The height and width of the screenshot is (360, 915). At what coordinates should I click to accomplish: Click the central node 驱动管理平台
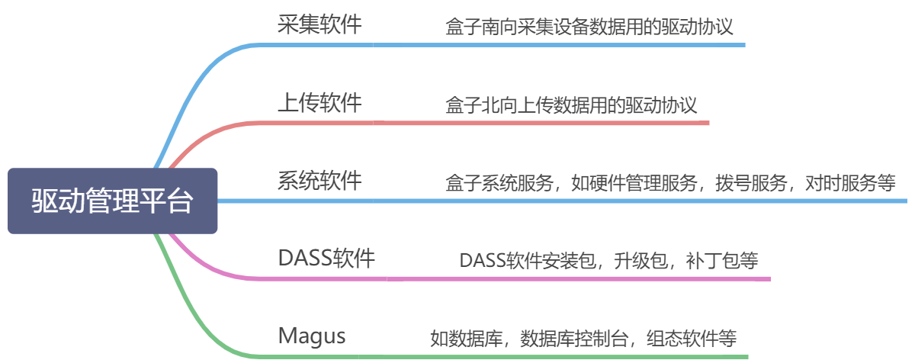pos(112,201)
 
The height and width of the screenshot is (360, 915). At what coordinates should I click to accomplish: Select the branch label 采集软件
pos(319,24)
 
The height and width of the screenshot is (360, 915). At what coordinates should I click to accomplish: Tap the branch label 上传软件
pos(319,102)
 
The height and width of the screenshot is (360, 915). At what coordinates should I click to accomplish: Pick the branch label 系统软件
pos(319,181)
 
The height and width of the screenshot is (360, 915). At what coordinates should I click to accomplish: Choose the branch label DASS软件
pos(326,259)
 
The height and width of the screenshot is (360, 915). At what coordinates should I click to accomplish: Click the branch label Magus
pos(311,335)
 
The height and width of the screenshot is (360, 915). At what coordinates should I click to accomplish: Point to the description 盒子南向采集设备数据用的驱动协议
pos(589,28)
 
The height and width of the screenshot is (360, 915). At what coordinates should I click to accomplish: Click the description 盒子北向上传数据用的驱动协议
pos(571,105)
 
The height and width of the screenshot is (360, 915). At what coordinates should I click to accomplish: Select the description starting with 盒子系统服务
pos(669,183)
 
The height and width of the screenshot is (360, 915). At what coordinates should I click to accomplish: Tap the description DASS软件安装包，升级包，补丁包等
pos(608,260)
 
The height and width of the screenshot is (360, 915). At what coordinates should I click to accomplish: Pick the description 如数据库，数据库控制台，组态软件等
pos(583,338)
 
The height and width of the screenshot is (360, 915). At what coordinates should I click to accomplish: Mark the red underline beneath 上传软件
pos(488,123)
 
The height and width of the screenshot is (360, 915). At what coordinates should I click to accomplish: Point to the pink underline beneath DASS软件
pos(503,278)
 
